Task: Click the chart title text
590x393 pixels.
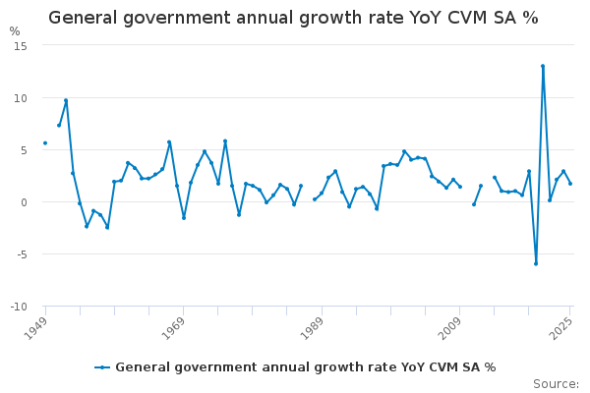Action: tap(293, 18)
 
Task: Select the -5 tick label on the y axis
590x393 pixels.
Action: tap(21, 254)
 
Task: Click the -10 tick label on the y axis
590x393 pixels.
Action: tap(19, 307)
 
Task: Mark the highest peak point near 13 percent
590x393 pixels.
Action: tap(543, 66)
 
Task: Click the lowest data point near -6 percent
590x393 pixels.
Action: tap(536, 263)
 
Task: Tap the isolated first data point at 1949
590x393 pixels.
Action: tap(45, 143)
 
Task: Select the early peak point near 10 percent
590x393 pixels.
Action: tap(66, 100)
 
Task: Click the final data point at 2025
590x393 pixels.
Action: tap(570, 184)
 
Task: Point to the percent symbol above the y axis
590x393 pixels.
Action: tap(15, 31)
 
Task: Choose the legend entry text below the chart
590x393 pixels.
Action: tap(305, 367)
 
